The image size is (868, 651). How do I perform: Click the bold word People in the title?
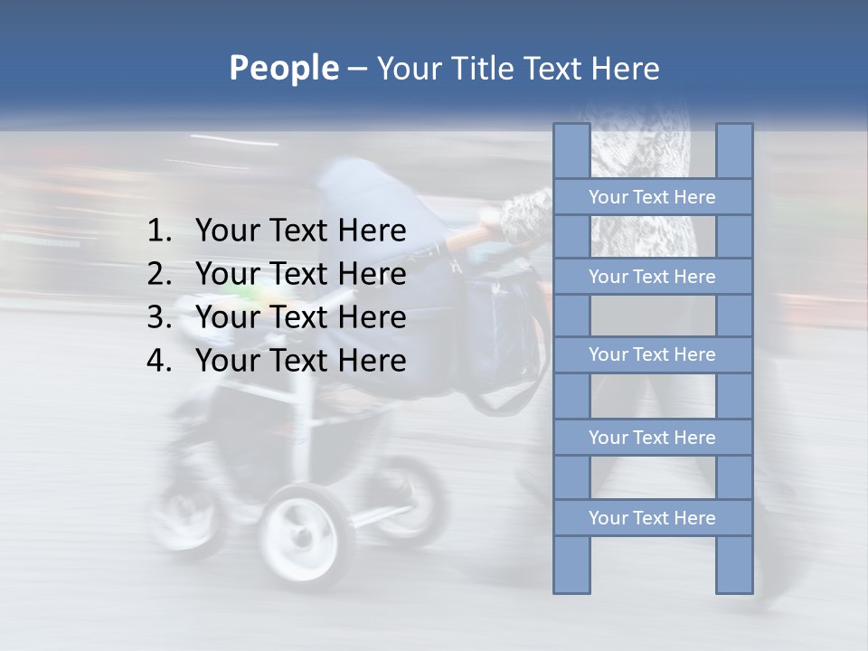pos(283,69)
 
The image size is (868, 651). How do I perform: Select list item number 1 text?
pos(300,231)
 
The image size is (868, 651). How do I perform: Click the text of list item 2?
pos(300,274)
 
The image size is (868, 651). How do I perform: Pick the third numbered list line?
pos(300,317)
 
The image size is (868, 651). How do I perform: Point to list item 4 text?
pos(300,361)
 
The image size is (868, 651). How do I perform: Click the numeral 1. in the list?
pos(160,231)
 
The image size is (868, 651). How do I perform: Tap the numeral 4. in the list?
pos(160,361)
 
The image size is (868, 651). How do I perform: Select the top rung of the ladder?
pos(652,197)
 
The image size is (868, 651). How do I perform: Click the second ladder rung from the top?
pos(652,277)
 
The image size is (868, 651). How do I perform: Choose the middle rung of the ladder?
pos(652,355)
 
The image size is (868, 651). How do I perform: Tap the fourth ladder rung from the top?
pos(652,438)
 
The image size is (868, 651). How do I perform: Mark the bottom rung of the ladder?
pos(652,518)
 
